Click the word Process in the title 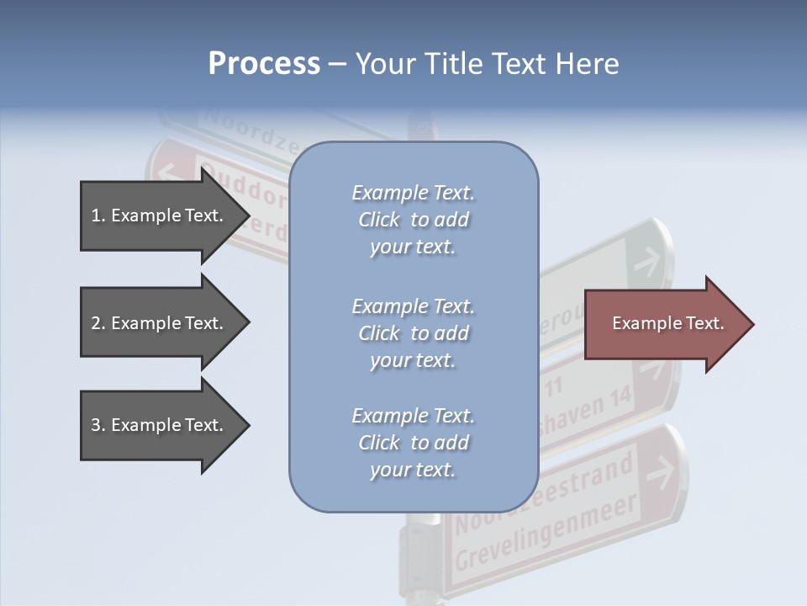click(x=264, y=64)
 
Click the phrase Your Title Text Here click(x=487, y=64)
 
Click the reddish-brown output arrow click(x=664, y=324)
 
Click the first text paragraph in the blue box click(x=413, y=220)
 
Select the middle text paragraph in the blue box click(x=413, y=333)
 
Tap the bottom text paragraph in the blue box click(x=413, y=443)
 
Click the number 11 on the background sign click(x=554, y=388)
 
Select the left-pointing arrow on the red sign click(x=166, y=173)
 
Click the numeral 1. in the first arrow click(x=98, y=215)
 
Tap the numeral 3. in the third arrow click(x=98, y=425)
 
